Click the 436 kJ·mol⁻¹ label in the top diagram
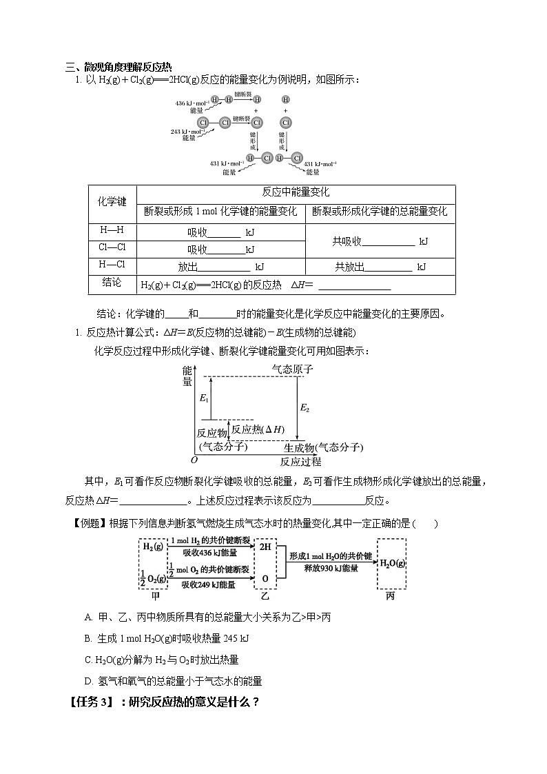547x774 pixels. pyautogui.click(x=189, y=103)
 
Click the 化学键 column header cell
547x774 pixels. pyautogui.click(x=112, y=203)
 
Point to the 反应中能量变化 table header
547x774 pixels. pyautogui.click(x=296, y=192)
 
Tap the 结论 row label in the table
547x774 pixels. pyautogui.click(x=112, y=283)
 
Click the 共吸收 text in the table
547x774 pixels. pyautogui.click(x=347, y=241)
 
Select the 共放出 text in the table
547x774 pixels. pyautogui.click(x=349, y=266)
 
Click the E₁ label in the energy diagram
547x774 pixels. pyautogui.click(x=203, y=398)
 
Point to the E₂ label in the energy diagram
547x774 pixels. pyautogui.click(x=305, y=408)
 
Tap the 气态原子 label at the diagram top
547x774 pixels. pyautogui.click(x=292, y=369)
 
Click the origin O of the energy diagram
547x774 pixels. pyautogui.click(x=194, y=460)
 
